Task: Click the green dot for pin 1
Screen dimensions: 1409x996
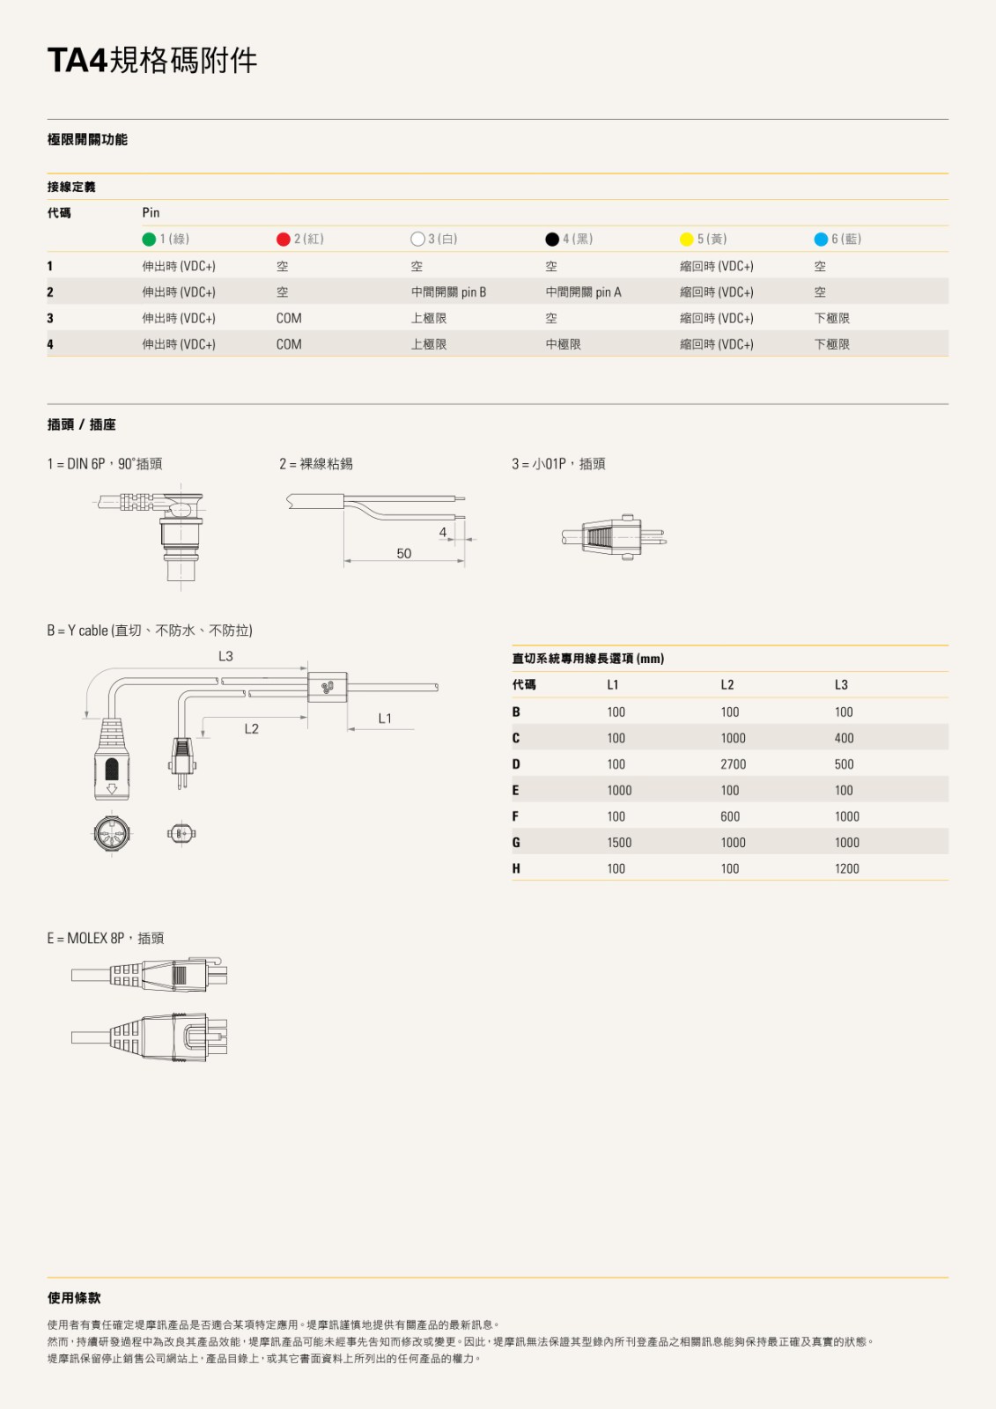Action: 149,240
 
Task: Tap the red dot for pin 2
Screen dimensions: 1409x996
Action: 284,240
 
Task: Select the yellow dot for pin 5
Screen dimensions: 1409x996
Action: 687,240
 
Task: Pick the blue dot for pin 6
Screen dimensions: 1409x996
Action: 821,240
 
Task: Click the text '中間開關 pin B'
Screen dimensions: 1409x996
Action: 448,292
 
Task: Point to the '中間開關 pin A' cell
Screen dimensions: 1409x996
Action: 583,292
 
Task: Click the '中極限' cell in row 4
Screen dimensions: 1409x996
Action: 563,344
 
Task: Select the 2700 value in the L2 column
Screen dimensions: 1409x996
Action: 733,764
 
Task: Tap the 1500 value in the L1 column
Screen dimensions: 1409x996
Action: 619,843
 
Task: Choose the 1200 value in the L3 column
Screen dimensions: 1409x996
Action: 846,869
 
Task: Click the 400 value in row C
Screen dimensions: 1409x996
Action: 844,739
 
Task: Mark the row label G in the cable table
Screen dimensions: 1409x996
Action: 516,843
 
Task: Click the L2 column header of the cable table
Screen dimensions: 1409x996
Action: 727,685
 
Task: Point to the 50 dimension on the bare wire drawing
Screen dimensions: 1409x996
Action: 403,554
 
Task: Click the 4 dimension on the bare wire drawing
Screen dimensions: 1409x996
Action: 443,533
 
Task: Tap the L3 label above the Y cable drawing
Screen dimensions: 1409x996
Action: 225,656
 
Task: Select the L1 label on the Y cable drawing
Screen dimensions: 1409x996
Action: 385,719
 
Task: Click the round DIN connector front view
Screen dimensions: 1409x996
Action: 112,833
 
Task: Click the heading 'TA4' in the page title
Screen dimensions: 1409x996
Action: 77,61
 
